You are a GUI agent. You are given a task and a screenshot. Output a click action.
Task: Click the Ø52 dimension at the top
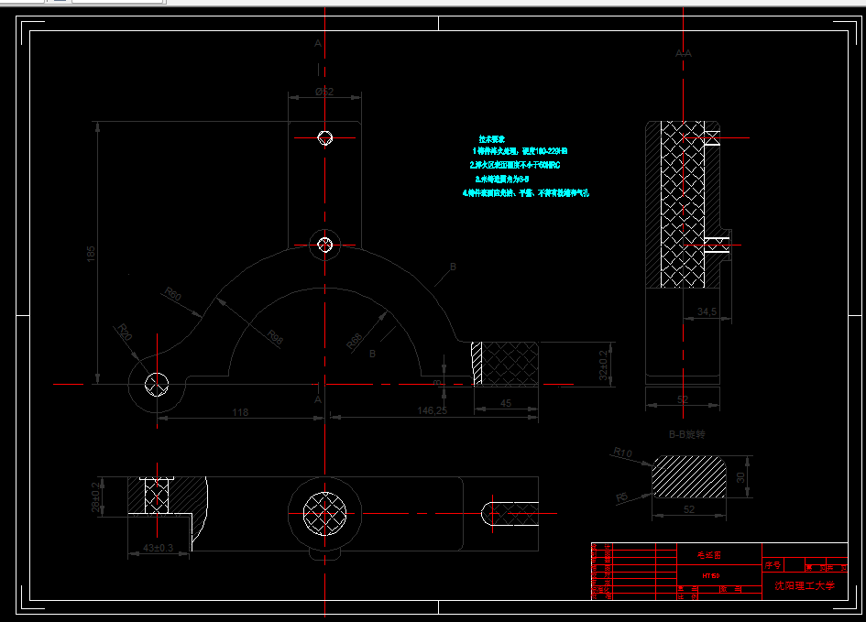[x=323, y=92]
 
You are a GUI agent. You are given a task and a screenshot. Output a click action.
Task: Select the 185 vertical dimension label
[x=91, y=254]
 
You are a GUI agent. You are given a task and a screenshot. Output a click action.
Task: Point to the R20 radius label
[x=124, y=331]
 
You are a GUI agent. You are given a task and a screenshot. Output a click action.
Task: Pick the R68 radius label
[x=354, y=341]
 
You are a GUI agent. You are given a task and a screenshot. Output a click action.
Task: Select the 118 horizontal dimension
[x=240, y=413]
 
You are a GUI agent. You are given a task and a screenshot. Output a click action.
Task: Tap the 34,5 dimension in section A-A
[x=707, y=312]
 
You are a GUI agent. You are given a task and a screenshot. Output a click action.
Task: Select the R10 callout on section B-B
[x=623, y=453]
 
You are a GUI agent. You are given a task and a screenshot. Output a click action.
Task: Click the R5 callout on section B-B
[x=622, y=497]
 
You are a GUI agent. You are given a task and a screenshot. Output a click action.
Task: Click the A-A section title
[x=683, y=54]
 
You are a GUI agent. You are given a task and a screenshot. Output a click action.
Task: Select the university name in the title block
[x=805, y=584]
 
